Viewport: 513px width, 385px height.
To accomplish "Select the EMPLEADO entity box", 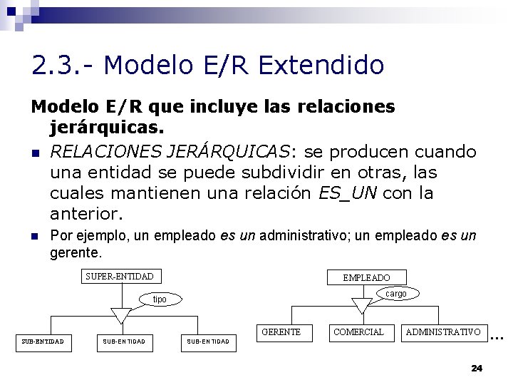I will (366, 277).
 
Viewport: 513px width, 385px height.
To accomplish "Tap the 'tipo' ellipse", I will (160, 299).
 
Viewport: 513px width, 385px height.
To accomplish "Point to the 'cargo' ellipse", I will (395, 293).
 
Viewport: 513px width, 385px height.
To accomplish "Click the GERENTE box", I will (281, 332).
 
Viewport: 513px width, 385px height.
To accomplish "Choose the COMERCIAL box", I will (358, 332).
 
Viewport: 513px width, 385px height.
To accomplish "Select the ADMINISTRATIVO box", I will (442, 332).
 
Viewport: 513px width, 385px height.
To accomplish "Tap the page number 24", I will (477, 368).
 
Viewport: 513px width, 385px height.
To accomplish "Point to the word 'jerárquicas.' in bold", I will (108, 129).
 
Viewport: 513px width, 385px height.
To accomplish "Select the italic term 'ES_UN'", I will (355, 193).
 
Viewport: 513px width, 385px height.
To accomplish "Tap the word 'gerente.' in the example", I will (76, 252).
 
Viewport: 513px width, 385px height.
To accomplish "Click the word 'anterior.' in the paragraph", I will (86, 213).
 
